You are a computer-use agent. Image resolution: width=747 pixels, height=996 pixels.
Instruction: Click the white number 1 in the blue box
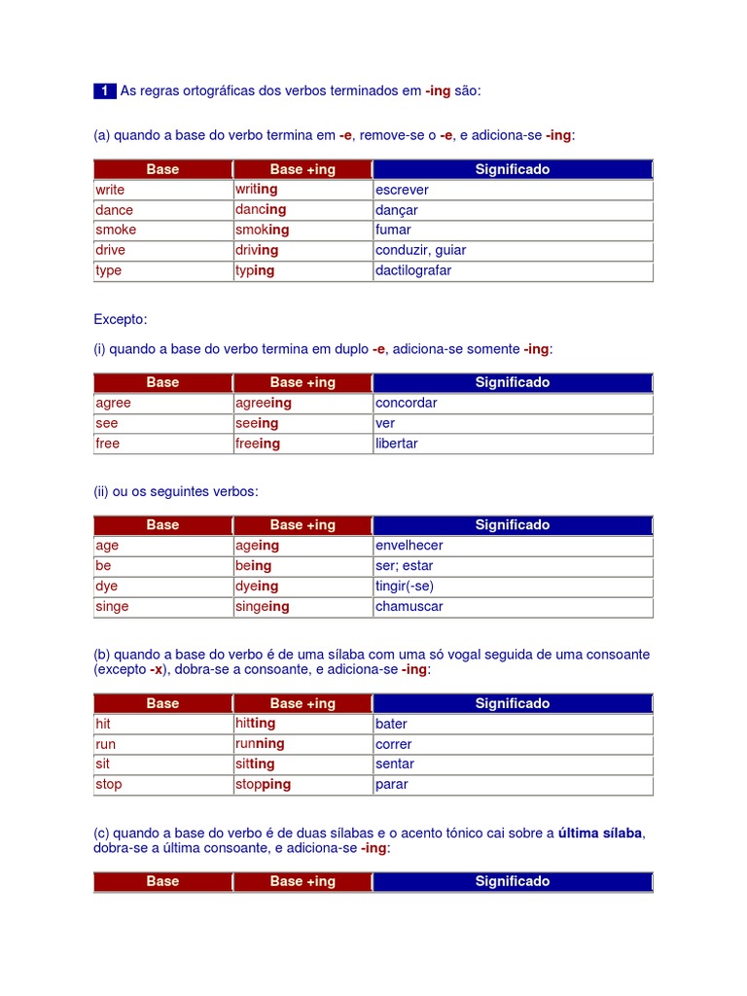tap(105, 91)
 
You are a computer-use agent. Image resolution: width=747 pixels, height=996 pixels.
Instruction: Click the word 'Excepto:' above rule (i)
tap(121, 319)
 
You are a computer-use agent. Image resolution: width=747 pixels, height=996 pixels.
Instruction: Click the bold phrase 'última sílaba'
tap(601, 833)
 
